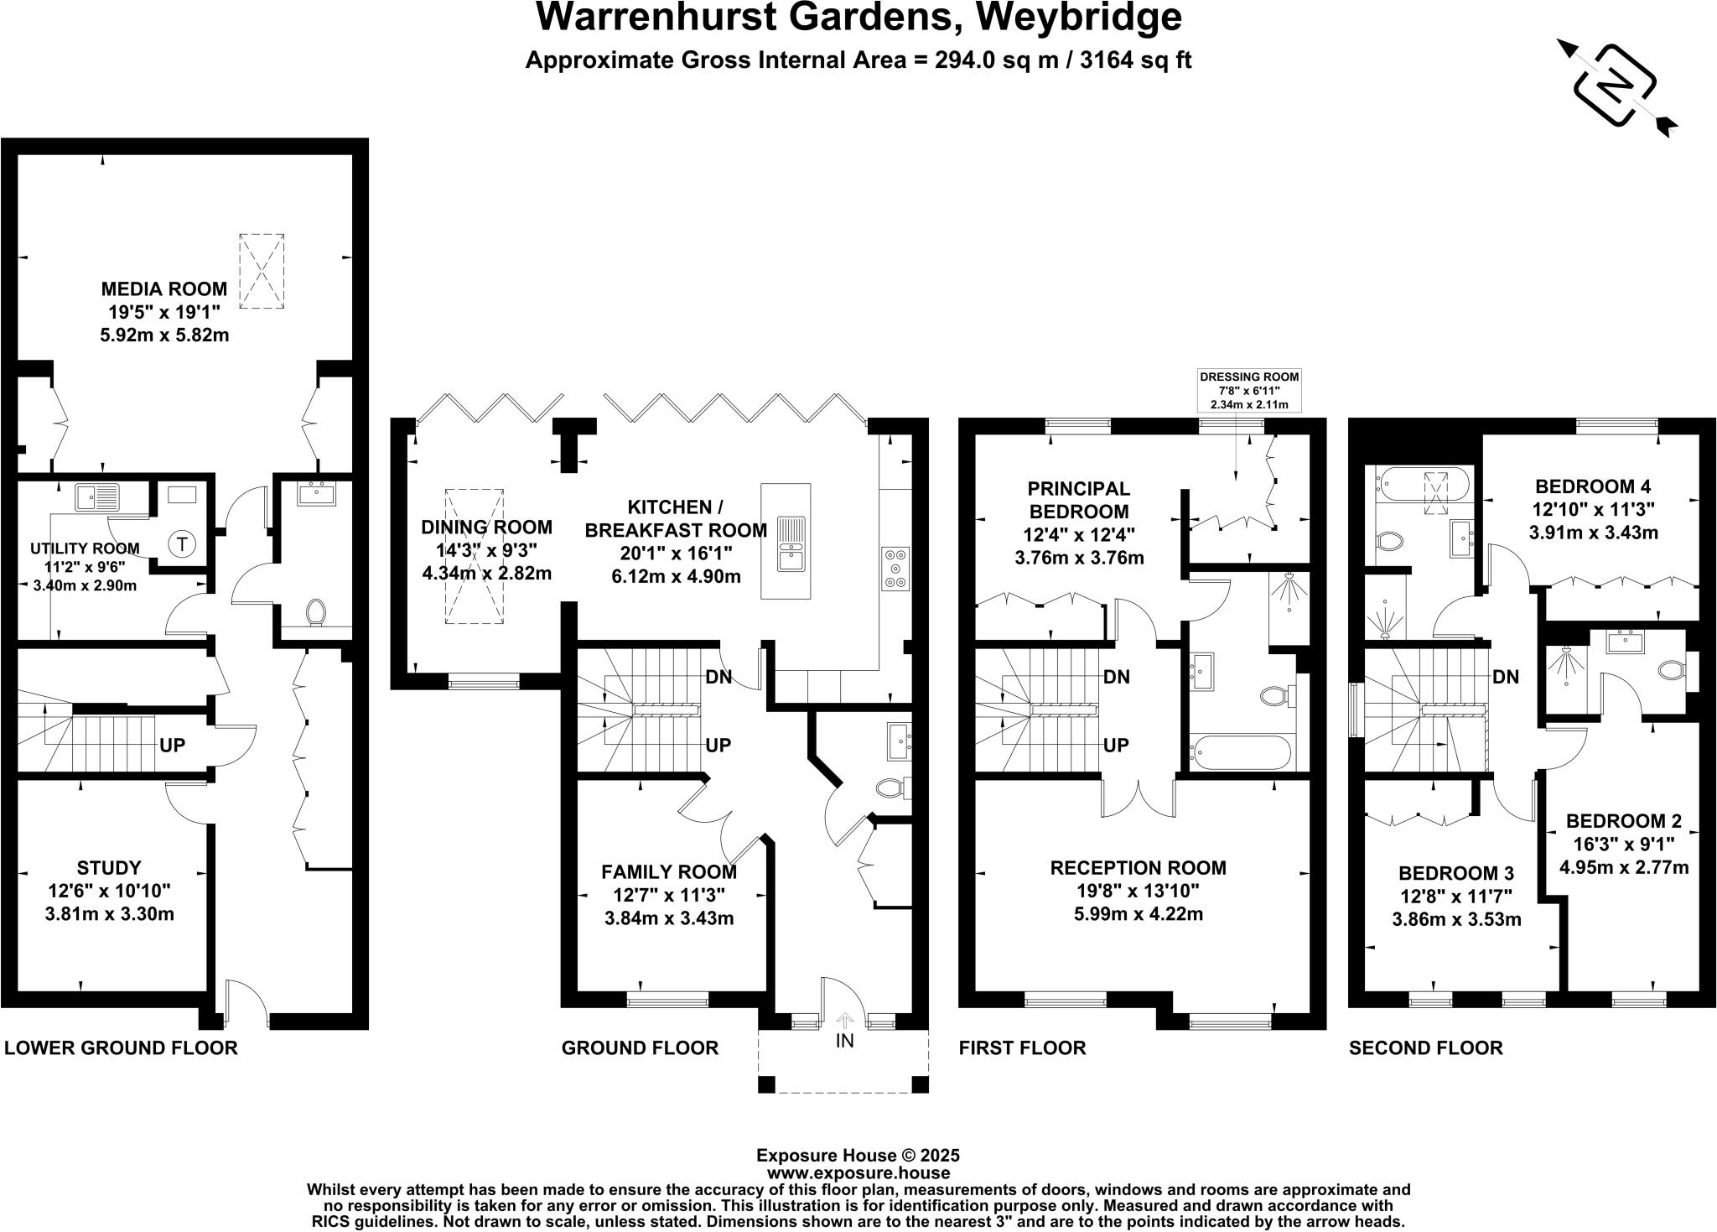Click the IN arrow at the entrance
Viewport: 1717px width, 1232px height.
[x=844, y=1021]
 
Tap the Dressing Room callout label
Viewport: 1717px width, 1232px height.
[x=1249, y=377]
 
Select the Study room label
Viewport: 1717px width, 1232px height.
[x=109, y=868]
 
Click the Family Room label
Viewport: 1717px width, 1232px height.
[x=668, y=872]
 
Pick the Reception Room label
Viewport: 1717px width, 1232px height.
[x=1138, y=868]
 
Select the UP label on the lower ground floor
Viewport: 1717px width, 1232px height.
[x=172, y=745]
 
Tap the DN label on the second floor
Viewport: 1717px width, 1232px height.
[x=1506, y=677]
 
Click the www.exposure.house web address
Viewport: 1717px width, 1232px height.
[x=858, y=1173]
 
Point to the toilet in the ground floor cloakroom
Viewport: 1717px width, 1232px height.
[x=891, y=788]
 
